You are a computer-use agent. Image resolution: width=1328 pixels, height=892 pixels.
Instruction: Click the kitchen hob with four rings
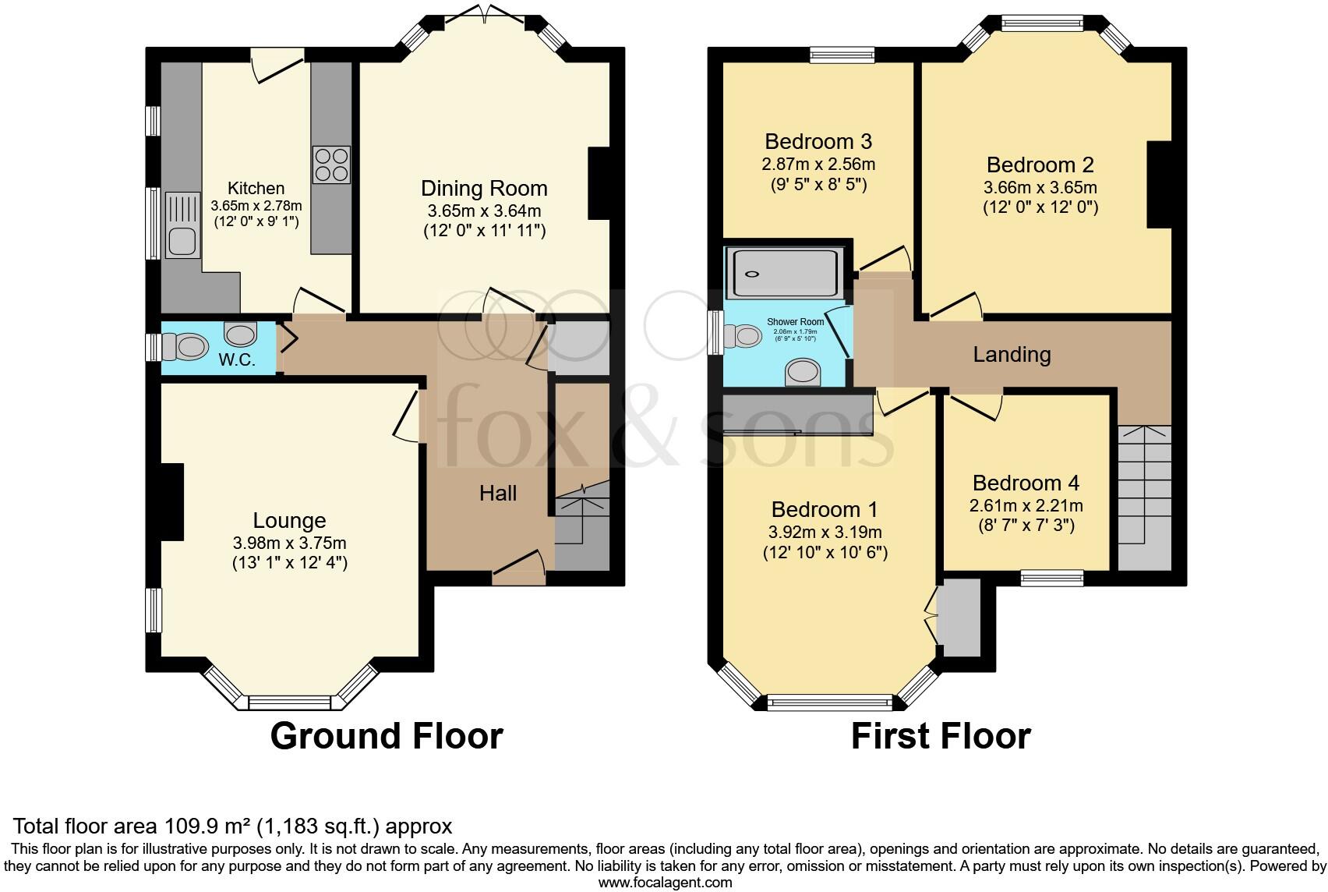coord(331,165)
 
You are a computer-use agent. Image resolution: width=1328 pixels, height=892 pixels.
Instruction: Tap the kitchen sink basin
coord(182,242)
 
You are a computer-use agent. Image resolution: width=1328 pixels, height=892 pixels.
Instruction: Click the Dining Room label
coord(484,188)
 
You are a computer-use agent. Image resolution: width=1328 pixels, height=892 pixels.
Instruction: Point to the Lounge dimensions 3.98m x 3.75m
coord(289,543)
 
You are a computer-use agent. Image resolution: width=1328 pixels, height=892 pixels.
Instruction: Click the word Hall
coord(498,493)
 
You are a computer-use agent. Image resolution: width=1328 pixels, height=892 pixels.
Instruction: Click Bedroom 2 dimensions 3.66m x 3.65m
coord(1040,187)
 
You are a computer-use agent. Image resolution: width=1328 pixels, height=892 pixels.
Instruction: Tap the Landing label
coord(1012,355)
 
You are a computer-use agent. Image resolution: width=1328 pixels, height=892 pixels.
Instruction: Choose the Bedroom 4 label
coord(1026,483)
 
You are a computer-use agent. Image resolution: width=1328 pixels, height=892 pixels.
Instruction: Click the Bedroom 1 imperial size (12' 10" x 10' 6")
coord(825,553)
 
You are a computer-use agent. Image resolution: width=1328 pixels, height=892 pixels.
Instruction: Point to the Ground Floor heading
coord(387,735)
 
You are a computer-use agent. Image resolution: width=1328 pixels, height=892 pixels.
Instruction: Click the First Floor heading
coord(941,735)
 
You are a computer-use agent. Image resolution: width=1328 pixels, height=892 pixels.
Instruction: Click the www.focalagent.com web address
coord(665,883)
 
